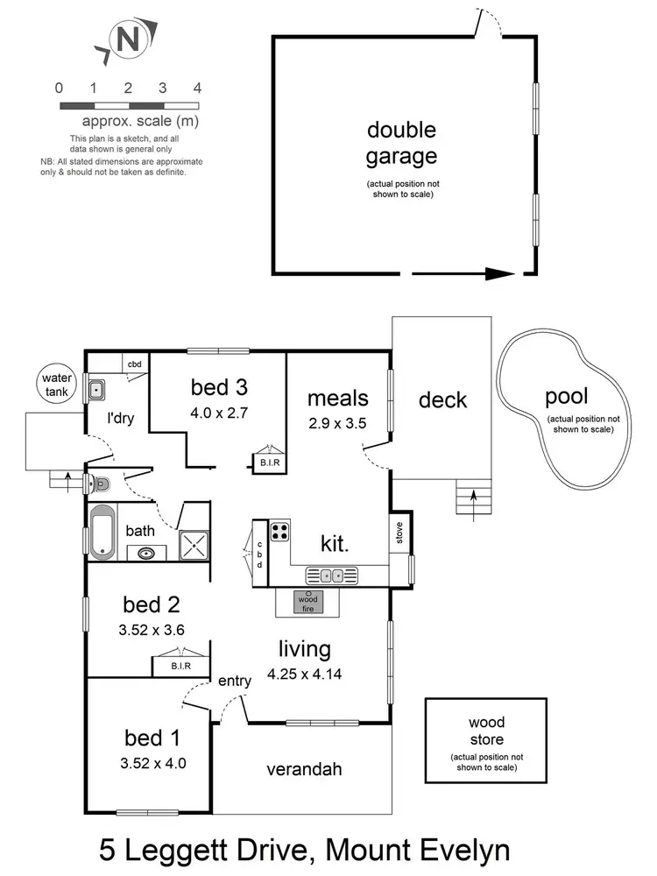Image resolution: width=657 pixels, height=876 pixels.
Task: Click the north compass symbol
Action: (128, 40)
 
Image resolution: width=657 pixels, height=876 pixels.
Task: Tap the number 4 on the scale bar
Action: (197, 88)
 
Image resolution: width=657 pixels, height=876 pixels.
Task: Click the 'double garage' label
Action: (401, 144)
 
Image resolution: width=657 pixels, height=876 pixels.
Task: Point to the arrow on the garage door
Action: (499, 273)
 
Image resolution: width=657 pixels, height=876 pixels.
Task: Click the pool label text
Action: (566, 396)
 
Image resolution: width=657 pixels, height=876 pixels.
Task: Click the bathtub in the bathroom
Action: (102, 531)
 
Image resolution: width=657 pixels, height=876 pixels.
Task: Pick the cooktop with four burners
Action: (279, 531)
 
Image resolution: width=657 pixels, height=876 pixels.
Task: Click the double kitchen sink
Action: (331, 576)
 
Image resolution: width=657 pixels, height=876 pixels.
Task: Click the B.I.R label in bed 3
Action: (267, 462)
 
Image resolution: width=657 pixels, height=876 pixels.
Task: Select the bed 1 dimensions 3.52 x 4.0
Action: (153, 762)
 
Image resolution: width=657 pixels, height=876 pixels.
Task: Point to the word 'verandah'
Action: (304, 770)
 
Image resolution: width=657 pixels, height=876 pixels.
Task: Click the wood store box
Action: (486, 740)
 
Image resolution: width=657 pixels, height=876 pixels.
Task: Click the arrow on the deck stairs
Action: (474, 496)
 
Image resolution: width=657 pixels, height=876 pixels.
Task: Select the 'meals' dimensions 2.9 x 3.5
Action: (336, 422)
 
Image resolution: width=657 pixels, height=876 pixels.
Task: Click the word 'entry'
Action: (235, 680)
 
